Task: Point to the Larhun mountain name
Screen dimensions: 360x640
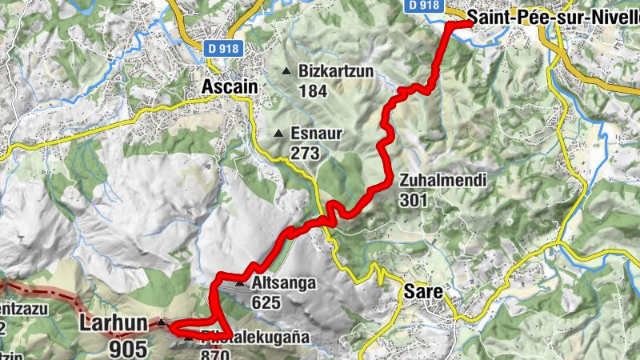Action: tap(114, 324)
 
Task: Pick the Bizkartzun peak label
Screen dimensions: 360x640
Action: tap(336, 71)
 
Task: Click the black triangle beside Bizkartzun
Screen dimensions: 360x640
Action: tap(286, 71)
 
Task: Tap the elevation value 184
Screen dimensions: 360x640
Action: tap(313, 90)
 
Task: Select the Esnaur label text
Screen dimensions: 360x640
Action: tap(317, 134)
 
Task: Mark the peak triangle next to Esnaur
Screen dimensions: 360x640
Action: tap(278, 134)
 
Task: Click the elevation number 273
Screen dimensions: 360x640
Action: tap(306, 152)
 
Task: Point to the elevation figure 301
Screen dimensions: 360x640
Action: tap(414, 200)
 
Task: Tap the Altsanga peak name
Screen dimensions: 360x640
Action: tap(284, 283)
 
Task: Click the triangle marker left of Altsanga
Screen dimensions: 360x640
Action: tap(239, 283)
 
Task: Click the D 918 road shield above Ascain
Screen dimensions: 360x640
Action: tap(222, 48)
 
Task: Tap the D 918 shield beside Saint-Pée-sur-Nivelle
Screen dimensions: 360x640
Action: tap(423, 5)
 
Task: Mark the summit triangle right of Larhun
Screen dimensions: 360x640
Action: tap(161, 323)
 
